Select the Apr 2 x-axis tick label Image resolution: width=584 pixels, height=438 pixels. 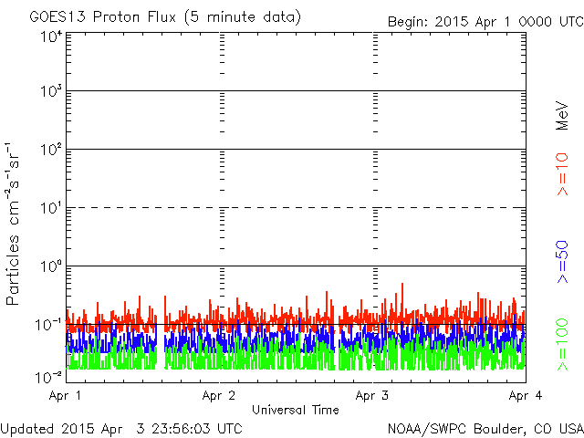point(219,396)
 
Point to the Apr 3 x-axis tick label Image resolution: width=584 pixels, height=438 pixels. point(372,396)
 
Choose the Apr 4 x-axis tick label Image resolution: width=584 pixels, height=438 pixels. point(525,396)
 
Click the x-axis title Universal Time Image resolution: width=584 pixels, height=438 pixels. point(295,410)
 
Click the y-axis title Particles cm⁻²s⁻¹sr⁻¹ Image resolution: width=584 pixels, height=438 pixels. point(15,224)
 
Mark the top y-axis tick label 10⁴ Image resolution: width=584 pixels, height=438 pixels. point(50,36)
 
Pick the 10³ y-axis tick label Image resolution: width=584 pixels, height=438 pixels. point(50,93)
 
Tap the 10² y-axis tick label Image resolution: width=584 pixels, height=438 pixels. point(50,151)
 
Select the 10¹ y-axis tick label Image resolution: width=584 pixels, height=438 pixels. point(50,209)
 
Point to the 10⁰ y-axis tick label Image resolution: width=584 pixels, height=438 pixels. point(50,267)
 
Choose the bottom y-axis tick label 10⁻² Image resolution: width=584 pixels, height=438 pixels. point(48,377)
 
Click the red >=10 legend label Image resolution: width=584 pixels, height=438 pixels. point(563,174)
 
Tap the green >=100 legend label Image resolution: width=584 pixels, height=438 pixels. point(563,343)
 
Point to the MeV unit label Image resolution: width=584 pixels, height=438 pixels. point(563,117)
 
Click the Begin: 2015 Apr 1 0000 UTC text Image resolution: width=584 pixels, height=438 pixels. point(484,21)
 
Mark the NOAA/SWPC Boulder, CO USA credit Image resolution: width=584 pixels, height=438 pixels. point(485,428)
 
